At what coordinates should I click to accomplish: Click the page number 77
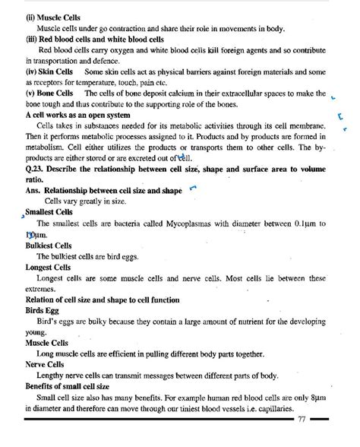[302, 419]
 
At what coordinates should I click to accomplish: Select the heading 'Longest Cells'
[48, 268]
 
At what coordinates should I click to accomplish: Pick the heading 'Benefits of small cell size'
[67, 386]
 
